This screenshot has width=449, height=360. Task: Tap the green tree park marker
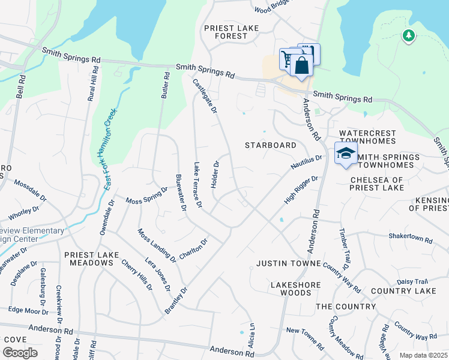tap(408, 36)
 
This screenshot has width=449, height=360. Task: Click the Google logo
tap(20, 352)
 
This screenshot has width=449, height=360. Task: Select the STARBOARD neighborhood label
tap(271, 146)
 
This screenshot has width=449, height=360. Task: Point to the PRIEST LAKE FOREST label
tap(225, 32)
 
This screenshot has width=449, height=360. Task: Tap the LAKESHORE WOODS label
tap(291, 289)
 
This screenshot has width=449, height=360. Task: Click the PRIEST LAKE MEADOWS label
tap(92, 259)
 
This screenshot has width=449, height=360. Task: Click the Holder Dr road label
tap(215, 174)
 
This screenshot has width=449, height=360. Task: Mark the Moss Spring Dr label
tap(146, 194)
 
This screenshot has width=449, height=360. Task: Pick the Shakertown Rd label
tap(411, 238)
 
